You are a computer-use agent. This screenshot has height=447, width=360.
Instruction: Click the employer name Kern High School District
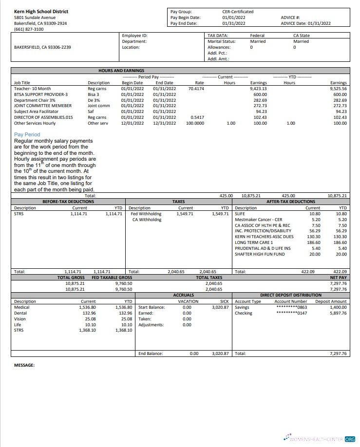tap(41, 11)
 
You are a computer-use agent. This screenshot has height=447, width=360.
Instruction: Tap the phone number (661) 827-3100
tap(29, 29)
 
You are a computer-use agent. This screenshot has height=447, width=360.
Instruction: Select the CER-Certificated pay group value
tap(238, 11)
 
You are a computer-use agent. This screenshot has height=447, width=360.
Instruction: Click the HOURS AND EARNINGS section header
tap(121, 71)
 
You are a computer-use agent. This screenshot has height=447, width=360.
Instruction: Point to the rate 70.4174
tap(196, 89)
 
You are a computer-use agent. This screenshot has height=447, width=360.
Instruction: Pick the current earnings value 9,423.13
tap(258, 89)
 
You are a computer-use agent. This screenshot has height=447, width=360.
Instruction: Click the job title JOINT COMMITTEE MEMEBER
tap(43, 106)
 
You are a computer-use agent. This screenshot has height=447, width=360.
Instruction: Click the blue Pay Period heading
tap(27, 134)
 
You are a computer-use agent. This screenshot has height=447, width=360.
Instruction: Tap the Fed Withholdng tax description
tap(146, 213)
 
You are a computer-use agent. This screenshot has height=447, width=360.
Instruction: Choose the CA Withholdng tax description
tap(147, 220)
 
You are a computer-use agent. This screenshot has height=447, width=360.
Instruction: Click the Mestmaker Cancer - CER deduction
tap(258, 220)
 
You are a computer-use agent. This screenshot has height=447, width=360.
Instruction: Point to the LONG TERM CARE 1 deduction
tap(254, 242)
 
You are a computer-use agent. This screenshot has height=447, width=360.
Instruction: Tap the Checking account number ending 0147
tap(291, 313)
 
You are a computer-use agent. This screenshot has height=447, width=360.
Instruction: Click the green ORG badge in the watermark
tap(350, 439)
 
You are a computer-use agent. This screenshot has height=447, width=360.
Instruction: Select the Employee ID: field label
tap(134, 36)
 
